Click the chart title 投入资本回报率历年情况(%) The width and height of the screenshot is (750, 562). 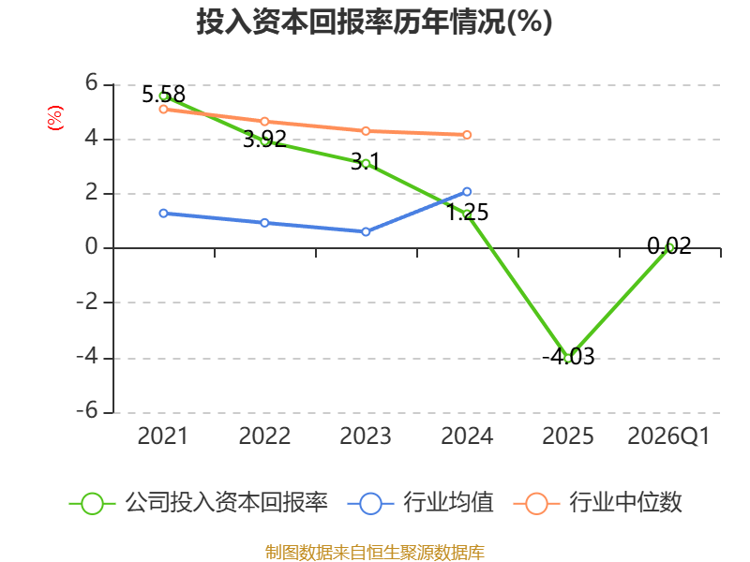[374, 22]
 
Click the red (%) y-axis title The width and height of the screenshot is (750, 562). [55, 118]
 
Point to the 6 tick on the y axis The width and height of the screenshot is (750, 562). [91, 83]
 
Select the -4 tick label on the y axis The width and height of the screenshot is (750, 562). [87, 357]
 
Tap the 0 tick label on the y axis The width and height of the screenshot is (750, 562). [91, 247]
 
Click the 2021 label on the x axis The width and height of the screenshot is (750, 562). [162, 436]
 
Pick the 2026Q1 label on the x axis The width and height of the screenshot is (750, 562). [668, 436]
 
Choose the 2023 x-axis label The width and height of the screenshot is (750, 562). [366, 436]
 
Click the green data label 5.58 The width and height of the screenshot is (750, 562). [163, 95]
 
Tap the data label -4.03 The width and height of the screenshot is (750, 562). [568, 357]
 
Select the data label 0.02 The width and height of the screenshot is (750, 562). [669, 246]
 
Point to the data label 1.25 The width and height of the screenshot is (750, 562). [467, 213]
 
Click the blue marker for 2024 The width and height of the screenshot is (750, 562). [467, 192]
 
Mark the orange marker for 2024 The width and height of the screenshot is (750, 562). [467, 135]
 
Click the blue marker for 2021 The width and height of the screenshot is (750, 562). [163, 214]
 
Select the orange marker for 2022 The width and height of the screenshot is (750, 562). [264, 122]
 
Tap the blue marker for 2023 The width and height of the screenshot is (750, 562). [366, 231]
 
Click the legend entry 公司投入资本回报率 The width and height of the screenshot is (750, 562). [199, 503]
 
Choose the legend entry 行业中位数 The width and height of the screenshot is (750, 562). [597, 503]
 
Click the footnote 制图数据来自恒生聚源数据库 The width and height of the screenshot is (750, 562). [374, 553]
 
